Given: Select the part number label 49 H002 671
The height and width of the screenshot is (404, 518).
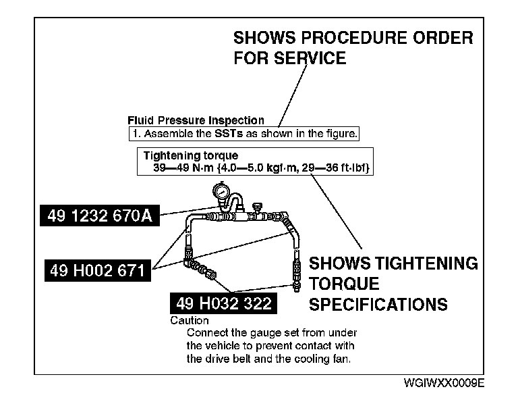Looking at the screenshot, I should [x=97, y=271].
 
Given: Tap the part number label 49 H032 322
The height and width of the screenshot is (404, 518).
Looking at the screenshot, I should [x=223, y=304].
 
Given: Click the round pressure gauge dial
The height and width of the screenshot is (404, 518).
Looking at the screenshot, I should [x=220, y=191].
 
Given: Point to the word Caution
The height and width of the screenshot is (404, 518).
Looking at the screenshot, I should [x=190, y=320].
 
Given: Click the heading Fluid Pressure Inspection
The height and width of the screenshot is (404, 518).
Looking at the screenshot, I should [x=196, y=120].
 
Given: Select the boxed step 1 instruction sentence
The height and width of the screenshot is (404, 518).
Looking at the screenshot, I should [x=243, y=133].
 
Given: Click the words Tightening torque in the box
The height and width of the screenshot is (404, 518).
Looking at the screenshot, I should [x=191, y=155].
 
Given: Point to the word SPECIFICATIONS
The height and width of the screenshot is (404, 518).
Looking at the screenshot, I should [x=378, y=305].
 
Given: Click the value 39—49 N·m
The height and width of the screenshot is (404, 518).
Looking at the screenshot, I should [x=181, y=166].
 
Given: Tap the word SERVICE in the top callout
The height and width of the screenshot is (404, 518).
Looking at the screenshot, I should [x=308, y=59].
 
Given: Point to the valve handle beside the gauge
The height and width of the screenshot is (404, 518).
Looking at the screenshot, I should [x=257, y=205].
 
